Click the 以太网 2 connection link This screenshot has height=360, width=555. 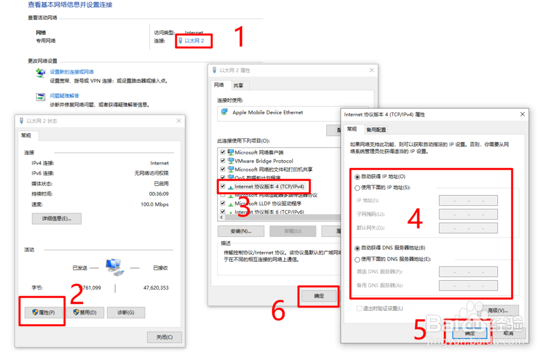(194, 41)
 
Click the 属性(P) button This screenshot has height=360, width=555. (43, 312)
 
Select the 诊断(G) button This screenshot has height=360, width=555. (126, 312)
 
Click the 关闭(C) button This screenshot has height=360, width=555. (164, 337)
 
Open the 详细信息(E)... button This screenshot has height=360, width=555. (57, 219)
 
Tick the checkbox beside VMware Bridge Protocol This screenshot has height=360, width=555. (223, 161)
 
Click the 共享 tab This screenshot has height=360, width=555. (238, 85)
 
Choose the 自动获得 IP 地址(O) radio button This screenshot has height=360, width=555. (357, 176)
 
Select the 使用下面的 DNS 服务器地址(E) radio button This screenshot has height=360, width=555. (357, 259)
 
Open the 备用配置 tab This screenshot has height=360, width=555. (376, 130)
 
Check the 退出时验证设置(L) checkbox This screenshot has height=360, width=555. (360, 308)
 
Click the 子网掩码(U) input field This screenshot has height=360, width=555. (468, 214)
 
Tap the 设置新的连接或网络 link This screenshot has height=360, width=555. (72, 72)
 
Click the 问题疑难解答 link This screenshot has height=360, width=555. (64, 96)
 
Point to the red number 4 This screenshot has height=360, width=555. (415, 219)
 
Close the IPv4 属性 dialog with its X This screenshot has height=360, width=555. (522, 114)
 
